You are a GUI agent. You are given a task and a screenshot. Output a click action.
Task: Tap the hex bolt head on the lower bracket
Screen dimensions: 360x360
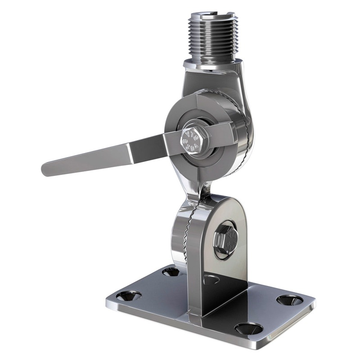point(225,240)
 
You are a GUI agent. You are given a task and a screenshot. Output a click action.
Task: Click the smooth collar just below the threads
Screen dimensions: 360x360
point(211,65)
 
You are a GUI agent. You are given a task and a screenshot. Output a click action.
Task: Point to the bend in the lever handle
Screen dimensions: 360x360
point(130,151)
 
